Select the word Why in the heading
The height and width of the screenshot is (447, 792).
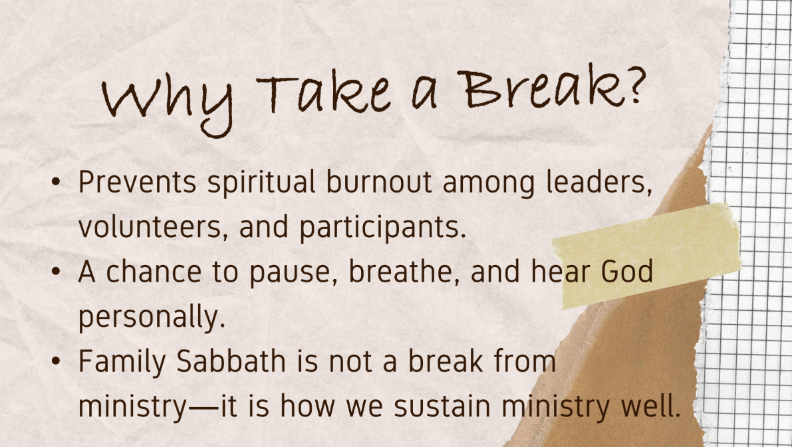pos(168,104)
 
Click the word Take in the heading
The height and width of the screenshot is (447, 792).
pos(324,94)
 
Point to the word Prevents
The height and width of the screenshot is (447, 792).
pos(138,181)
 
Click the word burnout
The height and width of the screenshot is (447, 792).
pos(379,181)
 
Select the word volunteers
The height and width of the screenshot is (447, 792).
pos(150,226)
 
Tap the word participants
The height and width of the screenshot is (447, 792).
pos(383,228)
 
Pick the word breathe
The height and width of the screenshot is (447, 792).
pos(404,272)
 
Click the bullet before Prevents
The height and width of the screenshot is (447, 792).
pos(56,181)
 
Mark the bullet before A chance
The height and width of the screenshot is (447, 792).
pos(56,272)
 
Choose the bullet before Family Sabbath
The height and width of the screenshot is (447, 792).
pos(56,361)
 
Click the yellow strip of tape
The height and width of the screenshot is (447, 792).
pos(647,255)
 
